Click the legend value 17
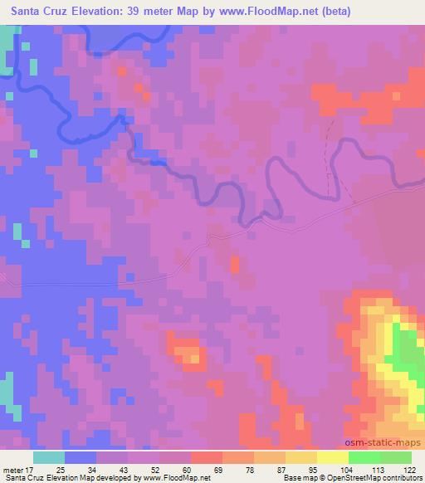point(31,469)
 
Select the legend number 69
point(222,469)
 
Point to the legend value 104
point(349,469)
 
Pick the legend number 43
point(126,469)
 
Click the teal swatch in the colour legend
point(49,457)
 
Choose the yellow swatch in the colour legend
point(333,457)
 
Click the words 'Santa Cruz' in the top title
point(34,12)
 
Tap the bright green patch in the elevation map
point(407,353)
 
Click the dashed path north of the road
point(330,158)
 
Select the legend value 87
point(285,469)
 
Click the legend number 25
point(62,469)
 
